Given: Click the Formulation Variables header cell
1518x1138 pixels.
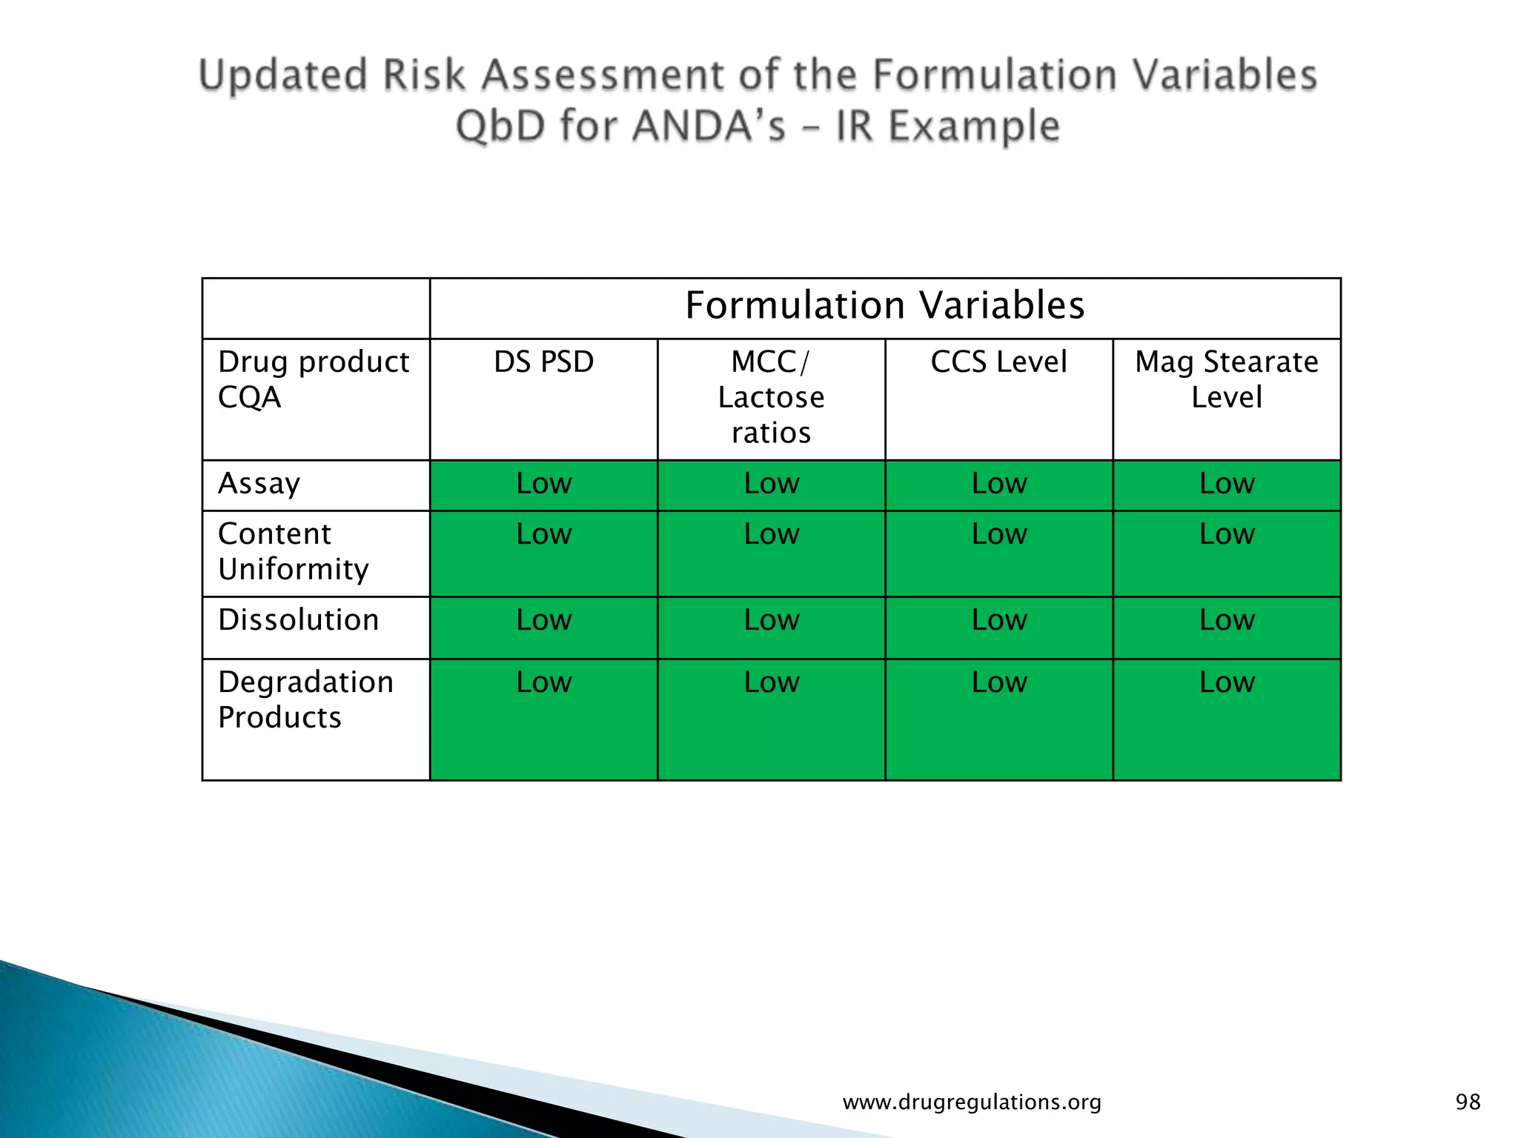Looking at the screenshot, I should click(885, 306).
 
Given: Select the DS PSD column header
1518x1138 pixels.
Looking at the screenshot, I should click(543, 362).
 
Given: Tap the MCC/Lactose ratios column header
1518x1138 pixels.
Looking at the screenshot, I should click(771, 397).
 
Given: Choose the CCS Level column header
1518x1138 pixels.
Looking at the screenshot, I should click(998, 362).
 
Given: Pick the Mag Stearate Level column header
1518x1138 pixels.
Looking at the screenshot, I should click(1227, 379).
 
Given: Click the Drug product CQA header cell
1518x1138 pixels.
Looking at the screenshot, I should click(313, 379).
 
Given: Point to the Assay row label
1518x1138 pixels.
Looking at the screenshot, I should click(259, 484).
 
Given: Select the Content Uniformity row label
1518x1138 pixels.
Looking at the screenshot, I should click(293, 552).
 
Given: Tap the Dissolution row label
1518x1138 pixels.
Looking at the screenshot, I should click(298, 620).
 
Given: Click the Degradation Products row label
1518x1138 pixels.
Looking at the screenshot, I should click(305, 699).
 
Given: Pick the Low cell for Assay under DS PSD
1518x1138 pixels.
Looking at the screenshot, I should click(543, 484).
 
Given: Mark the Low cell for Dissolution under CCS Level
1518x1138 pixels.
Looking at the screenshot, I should click(998, 620).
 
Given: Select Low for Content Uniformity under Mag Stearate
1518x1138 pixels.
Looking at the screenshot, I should click(1227, 534).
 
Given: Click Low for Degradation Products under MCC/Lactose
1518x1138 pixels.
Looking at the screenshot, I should click(771, 682).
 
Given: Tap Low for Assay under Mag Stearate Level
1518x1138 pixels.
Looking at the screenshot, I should click(1227, 484).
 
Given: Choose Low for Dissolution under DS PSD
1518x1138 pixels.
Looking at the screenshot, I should click(543, 620).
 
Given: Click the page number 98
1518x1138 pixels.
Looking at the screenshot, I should click(1468, 1102).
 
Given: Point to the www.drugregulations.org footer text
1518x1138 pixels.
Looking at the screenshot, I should click(972, 1102).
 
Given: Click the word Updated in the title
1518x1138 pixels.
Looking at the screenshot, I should click(283, 76).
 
